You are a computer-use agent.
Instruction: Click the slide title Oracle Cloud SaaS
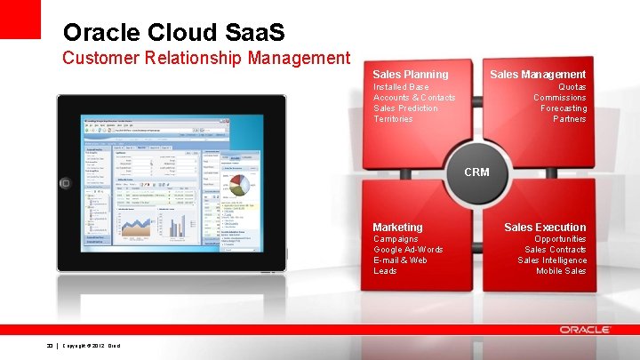coord(173,33)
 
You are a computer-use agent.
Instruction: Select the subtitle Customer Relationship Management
coord(206,59)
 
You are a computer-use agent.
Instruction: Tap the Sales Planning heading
coord(410,75)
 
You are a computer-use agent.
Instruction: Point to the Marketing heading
coord(397,228)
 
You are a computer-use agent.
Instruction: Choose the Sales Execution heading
coord(545,228)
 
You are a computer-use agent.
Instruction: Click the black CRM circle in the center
coord(476,172)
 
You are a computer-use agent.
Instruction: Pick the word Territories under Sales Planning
coord(393,119)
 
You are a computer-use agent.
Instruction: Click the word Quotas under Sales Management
coord(572,87)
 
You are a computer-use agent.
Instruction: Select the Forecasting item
coord(564,108)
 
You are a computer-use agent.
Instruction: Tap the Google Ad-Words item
coord(408,250)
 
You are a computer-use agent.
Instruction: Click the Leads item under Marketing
coord(385,271)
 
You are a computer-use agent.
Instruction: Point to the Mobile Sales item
coord(561,271)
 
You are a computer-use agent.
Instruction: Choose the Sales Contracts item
coord(556,250)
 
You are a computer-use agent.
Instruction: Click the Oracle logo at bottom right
coord(585,330)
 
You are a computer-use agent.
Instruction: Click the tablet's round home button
coord(64,182)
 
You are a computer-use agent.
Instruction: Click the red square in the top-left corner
coord(20,19)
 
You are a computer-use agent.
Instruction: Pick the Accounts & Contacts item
coord(414,98)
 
